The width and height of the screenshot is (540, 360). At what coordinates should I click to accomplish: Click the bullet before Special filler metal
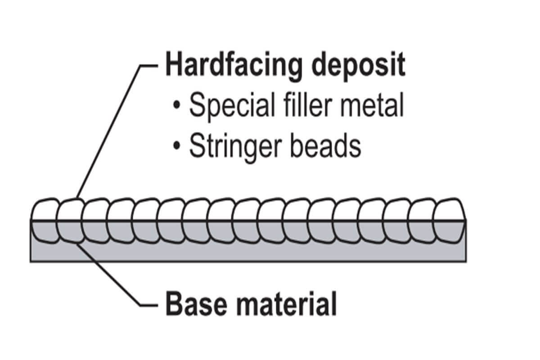[x=178, y=107]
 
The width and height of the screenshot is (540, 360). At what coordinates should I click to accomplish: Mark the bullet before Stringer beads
[x=178, y=147]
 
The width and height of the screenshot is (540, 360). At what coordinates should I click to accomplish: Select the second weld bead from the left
[x=71, y=220]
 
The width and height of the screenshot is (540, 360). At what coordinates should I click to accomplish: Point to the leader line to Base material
[x=108, y=274]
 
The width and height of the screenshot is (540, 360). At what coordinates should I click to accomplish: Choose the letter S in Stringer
[x=197, y=146]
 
